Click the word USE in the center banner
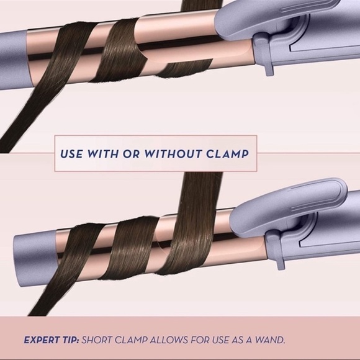coord(71,154)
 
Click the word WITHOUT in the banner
coord(173,154)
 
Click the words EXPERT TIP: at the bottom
coord(52,340)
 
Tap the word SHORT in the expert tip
coord(96,340)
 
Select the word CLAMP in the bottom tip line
coord(130,340)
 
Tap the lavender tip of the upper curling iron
coord(14,60)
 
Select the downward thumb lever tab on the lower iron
coord(277,247)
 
